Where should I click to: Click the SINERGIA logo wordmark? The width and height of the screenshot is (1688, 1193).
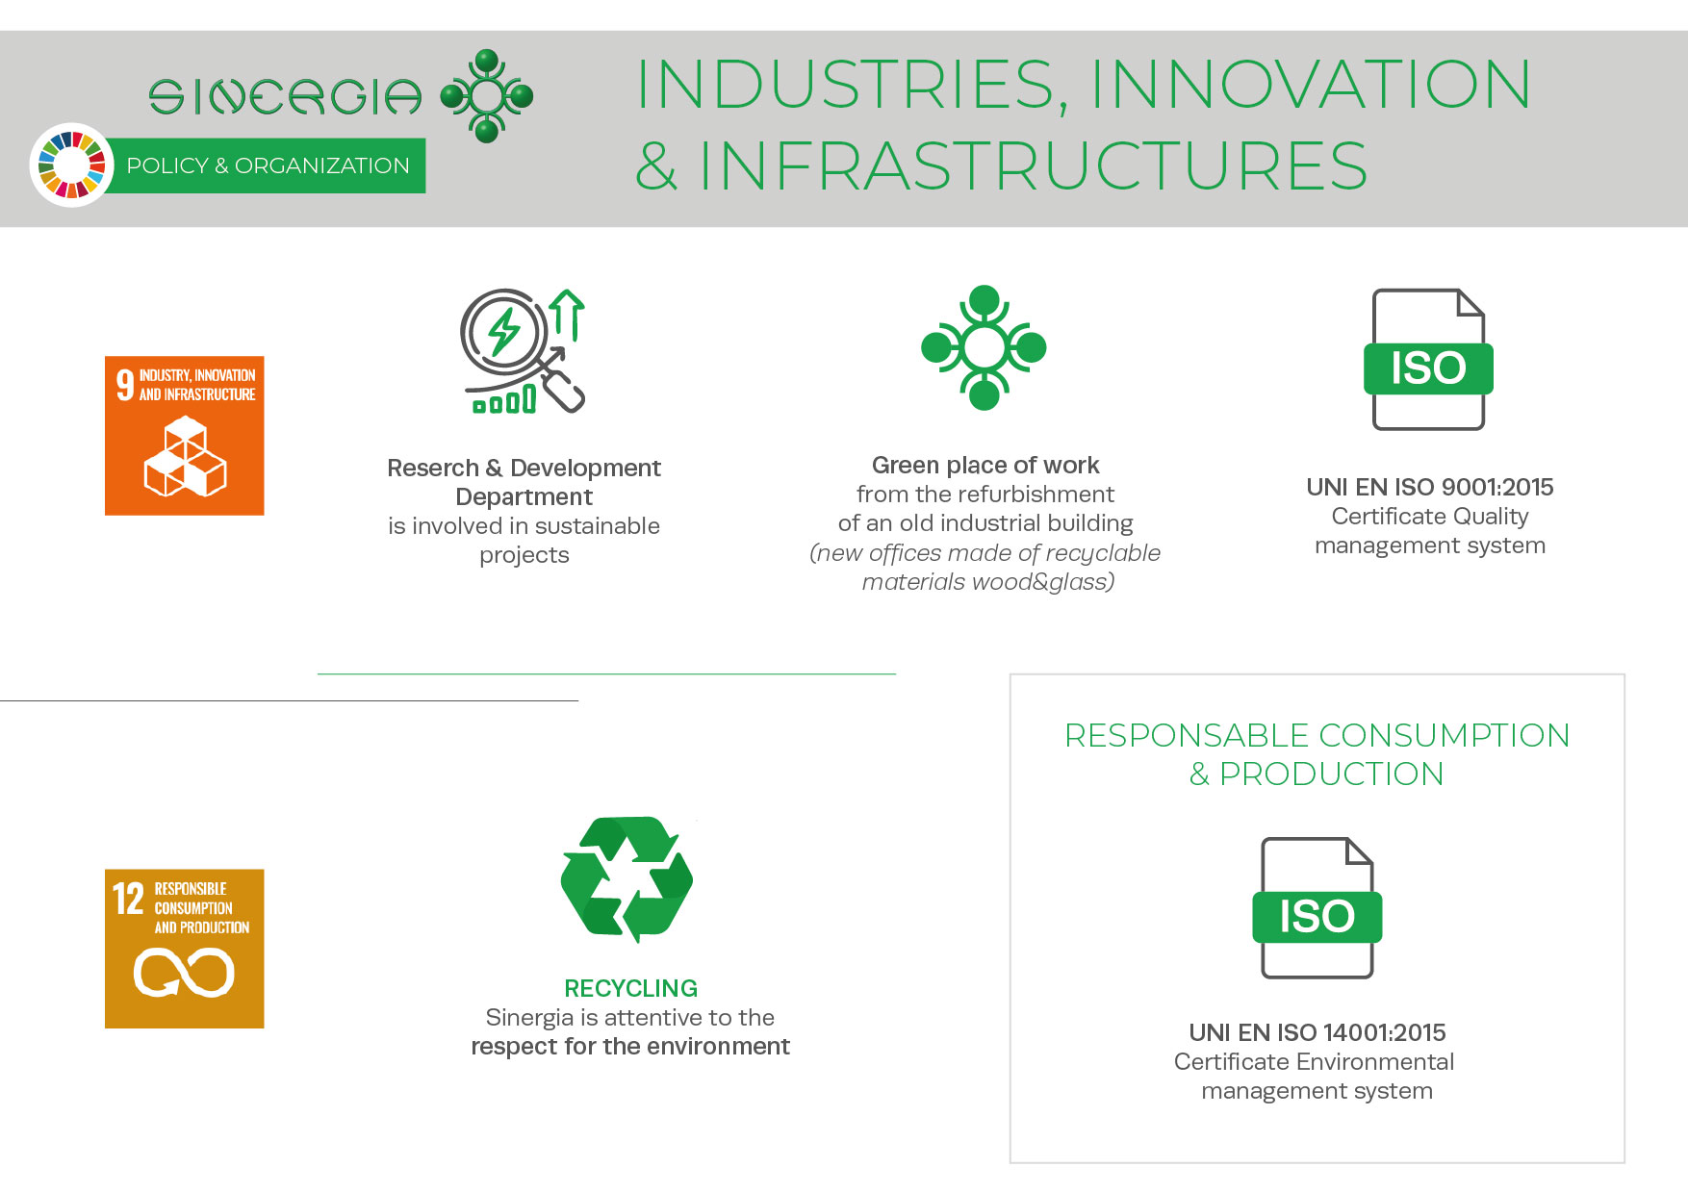tap(285, 96)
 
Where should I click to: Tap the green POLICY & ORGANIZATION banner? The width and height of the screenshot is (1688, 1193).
tap(265, 165)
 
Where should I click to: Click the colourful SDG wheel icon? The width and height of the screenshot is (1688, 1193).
tap(72, 165)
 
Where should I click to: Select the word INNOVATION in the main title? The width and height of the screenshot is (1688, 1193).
tap(1310, 84)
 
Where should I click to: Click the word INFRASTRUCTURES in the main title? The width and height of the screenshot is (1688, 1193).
tap(1033, 165)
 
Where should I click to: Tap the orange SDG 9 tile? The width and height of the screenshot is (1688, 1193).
tap(185, 436)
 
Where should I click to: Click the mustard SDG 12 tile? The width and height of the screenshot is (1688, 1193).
tap(185, 949)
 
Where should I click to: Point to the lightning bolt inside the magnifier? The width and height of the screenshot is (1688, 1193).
tap(503, 332)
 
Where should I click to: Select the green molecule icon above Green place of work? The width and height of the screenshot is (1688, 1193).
tap(984, 347)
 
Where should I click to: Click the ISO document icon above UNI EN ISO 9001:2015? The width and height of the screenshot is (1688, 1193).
tap(1428, 359)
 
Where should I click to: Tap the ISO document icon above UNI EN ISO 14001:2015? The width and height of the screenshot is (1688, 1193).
tap(1317, 908)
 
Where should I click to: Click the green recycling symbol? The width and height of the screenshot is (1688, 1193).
tap(627, 879)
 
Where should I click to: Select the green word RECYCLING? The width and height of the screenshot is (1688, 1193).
tap(630, 988)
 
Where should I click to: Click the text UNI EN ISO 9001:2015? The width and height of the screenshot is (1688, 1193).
tap(1430, 487)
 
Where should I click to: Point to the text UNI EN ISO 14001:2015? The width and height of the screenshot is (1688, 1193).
tap(1317, 1032)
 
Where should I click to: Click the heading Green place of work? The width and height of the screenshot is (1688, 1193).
tap(985, 466)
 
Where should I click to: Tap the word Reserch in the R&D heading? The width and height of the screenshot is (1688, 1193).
tap(433, 469)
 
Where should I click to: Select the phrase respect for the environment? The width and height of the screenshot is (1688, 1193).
tap(630, 1047)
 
